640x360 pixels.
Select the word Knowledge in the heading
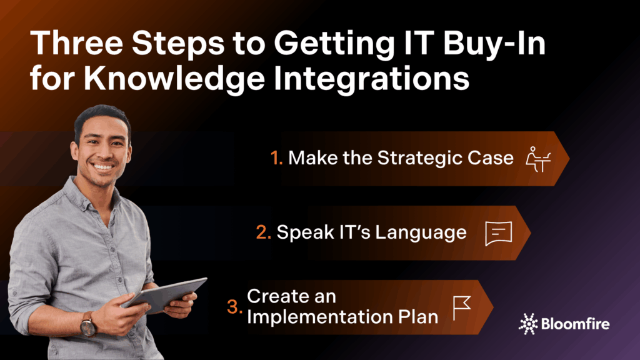coord(174,79)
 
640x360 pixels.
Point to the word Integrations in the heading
coord(371,79)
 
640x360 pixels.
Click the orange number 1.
coord(276,158)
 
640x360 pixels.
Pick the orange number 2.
coord(263,232)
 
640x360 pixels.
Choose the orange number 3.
coord(235,307)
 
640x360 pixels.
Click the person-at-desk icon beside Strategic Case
coord(538,159)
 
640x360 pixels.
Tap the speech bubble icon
coord(498,234)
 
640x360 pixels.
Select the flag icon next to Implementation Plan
coord(462,308)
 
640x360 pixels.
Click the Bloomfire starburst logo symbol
coord(528,324)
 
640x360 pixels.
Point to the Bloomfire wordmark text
coord(575,324)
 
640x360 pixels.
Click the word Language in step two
coord(421,232)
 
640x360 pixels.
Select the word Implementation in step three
coord(319,317)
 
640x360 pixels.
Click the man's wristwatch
coord(88,325)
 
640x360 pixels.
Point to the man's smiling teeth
coord(103,166)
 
